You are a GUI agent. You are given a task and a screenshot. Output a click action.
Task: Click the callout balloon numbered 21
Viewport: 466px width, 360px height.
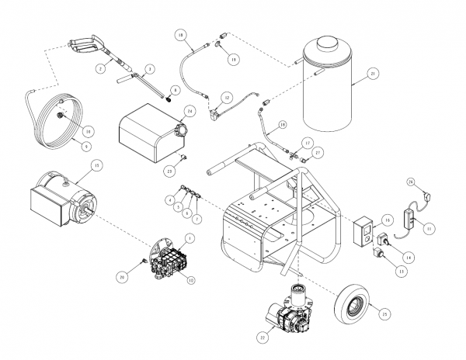click(x=374, y=74)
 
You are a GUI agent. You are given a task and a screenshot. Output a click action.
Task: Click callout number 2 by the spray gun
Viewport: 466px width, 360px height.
click(x=100, y=69)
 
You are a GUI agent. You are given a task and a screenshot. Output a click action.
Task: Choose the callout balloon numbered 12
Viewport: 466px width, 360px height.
click(x=227, y=97)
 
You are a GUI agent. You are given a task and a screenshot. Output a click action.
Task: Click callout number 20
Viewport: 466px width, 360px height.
click(x=122, y=276)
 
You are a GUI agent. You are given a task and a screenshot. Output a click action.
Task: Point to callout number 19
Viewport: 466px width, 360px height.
click(x=234, y=59)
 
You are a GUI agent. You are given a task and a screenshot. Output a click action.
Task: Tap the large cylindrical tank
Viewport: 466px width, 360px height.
click(x=328, y=85)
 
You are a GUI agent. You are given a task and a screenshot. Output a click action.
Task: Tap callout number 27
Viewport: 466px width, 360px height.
click(x=317, y=154)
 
